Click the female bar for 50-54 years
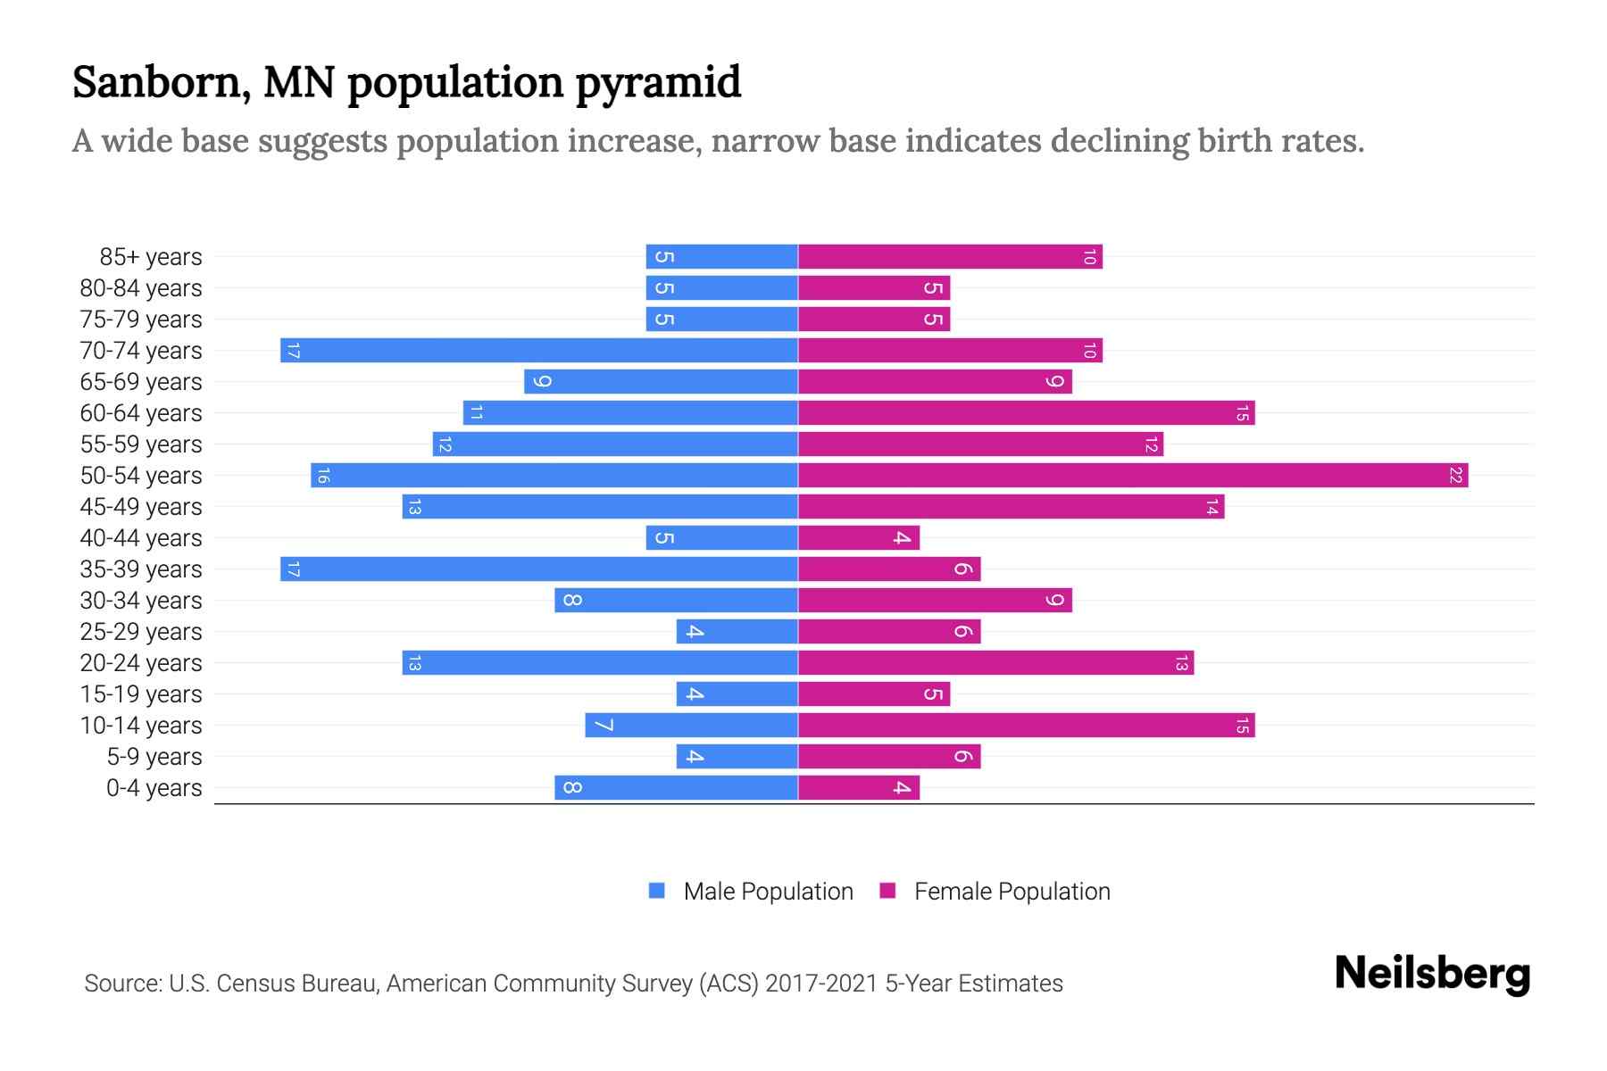[1132, 475]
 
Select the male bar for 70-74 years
[539, 350]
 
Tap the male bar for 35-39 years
[539, 569]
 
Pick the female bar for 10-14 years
[1026, 725]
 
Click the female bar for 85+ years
[950, 256]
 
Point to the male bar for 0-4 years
[676, 787]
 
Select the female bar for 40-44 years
[858, 537]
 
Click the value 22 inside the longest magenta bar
[1455, 475]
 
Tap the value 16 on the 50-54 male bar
[323, 475]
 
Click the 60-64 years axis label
[141, 413]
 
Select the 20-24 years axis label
[141, 663]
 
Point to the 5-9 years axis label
[154, 757]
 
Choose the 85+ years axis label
[151, 257]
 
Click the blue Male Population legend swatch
[657, 891]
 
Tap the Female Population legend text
[1012, 892]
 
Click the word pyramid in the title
[658, 83]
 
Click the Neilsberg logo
[1432, 974]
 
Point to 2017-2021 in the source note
[820, 984]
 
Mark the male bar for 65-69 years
[661, 381]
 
